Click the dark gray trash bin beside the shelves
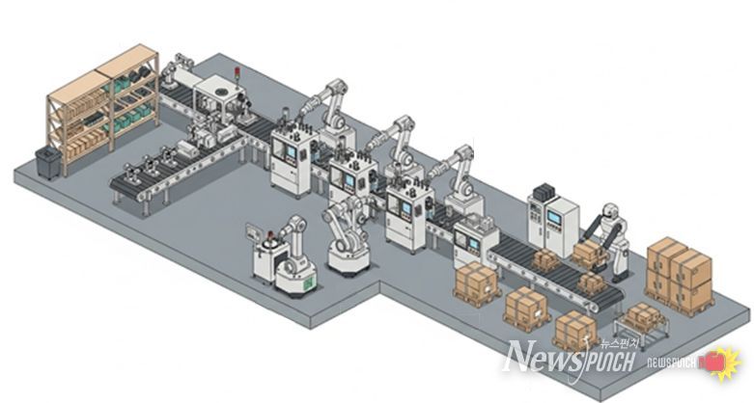pos(48,162)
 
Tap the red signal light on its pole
pos(237,71)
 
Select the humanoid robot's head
pos(610,210)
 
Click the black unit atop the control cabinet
pos(545,192)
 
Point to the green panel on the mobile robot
pos(306,282)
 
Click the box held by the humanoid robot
pos(587,250)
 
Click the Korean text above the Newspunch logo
pos(620,343)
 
